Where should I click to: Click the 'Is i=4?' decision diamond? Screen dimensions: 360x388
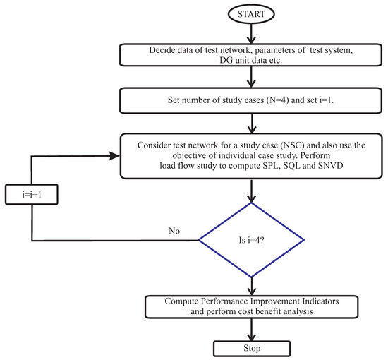(x=251, y=240)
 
